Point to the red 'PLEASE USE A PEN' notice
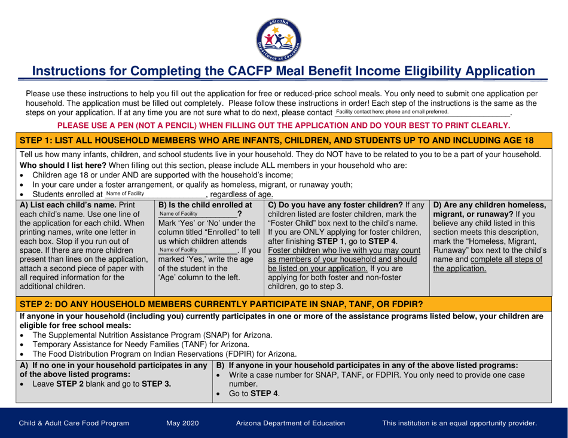(x=283, y=126)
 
